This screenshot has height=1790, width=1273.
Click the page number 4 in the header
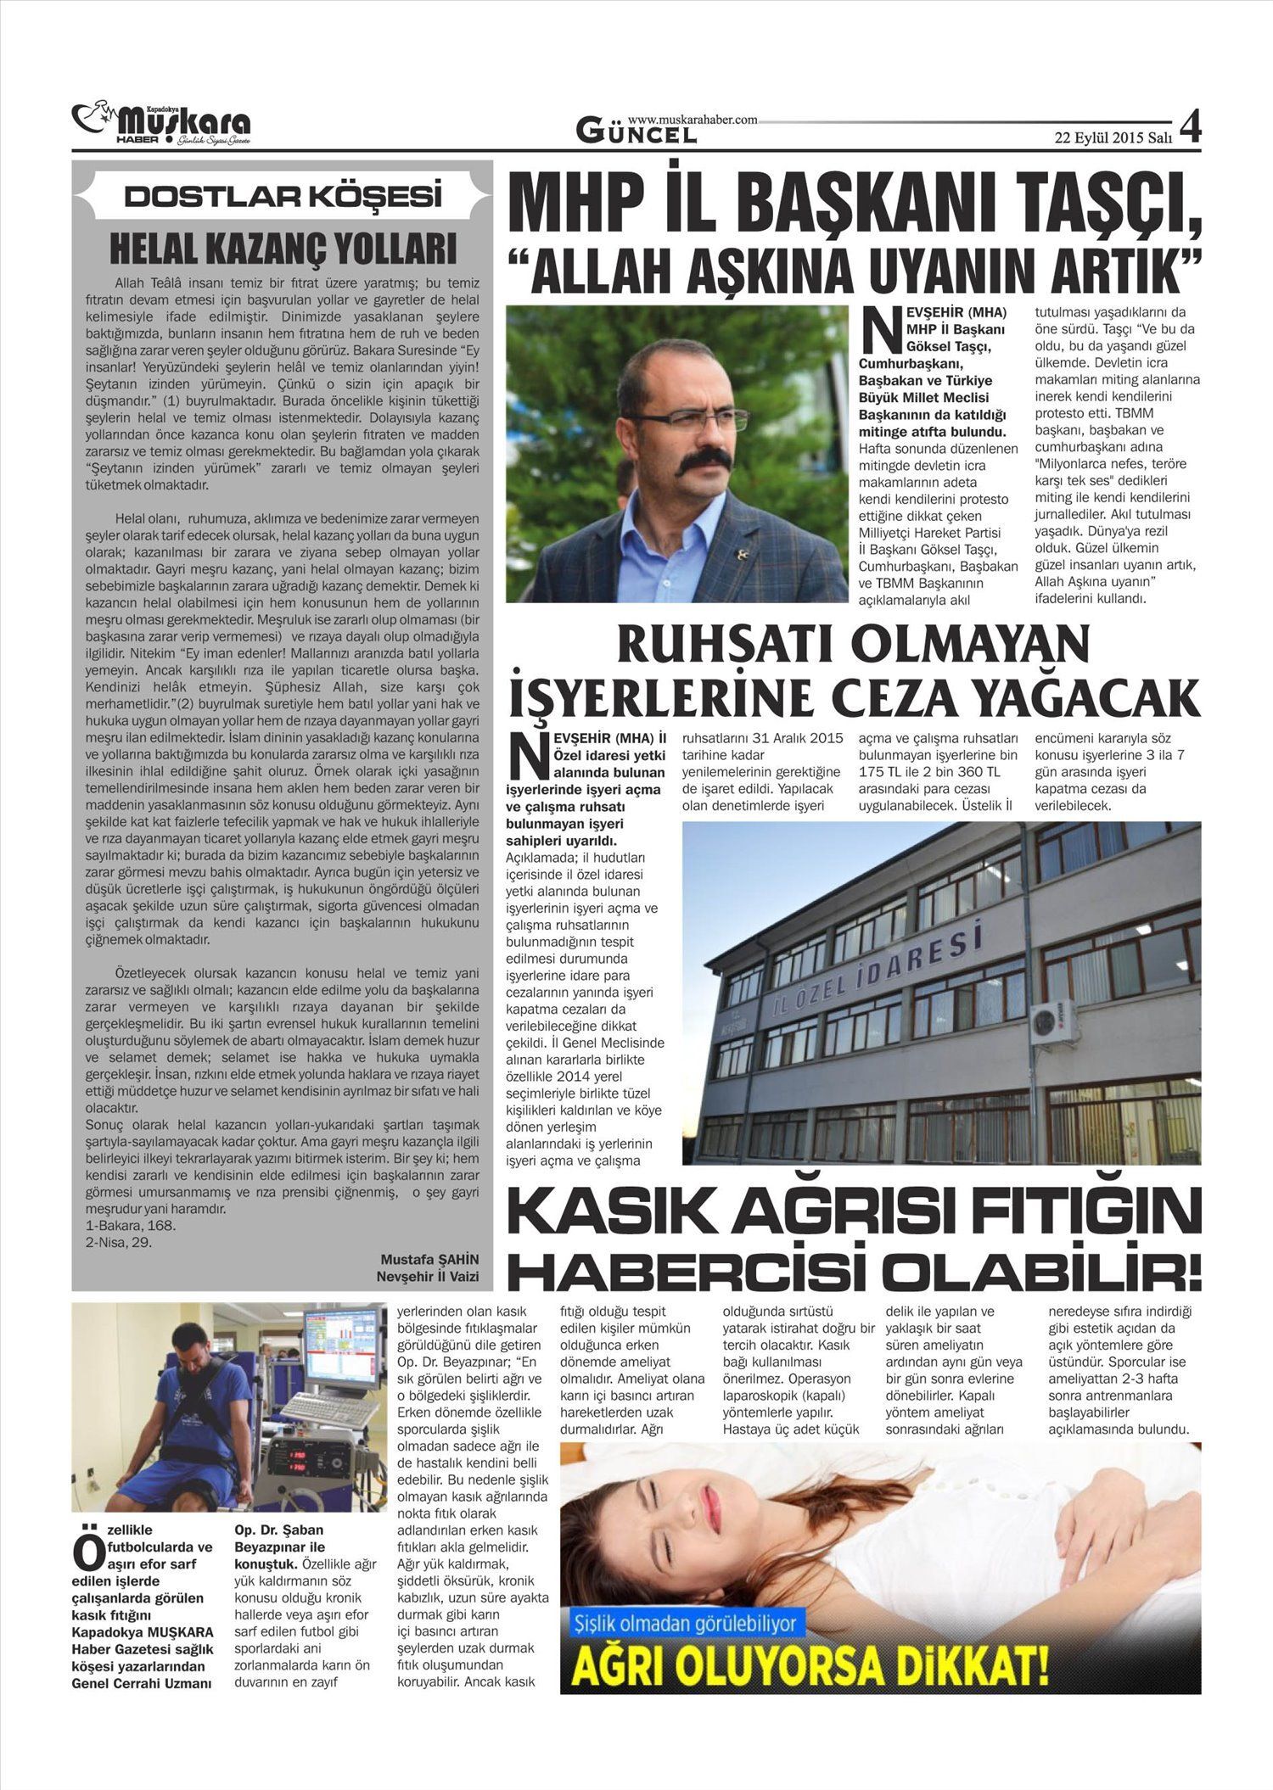click(1190, 128)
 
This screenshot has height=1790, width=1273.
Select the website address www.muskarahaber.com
click(693, 120)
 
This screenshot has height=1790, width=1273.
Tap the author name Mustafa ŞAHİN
click(429, 1259)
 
